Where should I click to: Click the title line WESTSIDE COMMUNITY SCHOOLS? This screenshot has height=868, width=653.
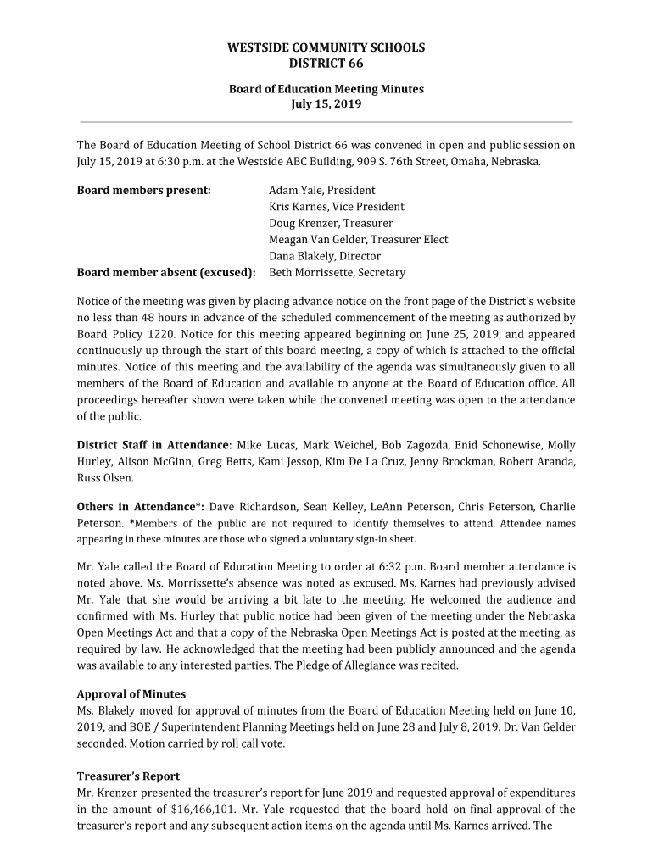[x=326, y=47]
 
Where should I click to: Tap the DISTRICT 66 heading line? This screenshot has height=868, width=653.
[x=326, y=64]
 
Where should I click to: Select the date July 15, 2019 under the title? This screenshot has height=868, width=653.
[x=326, y=104]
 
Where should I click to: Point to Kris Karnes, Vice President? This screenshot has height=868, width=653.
[x=336, y=207]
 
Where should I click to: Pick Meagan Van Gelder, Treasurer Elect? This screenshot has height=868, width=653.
[x=358, y=240]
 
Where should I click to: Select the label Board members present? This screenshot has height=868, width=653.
[x=143, y=190]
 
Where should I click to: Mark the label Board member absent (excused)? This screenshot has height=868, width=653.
[x=166, y=273]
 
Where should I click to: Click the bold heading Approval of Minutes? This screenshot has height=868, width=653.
[x=131, y=694]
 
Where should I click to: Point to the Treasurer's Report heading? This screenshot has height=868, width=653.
[x=128, y=776]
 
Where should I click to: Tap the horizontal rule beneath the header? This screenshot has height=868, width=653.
[x=326, y=122]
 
